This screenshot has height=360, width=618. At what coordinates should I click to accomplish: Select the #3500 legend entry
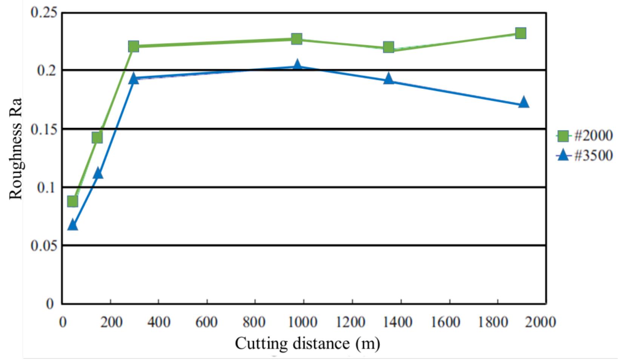tap(585, 155)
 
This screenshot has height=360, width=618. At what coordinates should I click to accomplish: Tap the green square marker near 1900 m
tap(521, 33)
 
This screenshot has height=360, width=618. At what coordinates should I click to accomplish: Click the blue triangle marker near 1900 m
tap(523, 103)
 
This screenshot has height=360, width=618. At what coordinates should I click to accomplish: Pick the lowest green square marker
tap(72, 202)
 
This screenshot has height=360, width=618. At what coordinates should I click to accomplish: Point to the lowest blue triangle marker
tap(72, 225)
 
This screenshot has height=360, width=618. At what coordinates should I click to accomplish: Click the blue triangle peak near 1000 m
tap(297, 65)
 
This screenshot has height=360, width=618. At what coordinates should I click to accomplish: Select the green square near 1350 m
tap(389, 47)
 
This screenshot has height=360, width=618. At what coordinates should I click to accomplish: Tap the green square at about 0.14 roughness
tap(97, 137)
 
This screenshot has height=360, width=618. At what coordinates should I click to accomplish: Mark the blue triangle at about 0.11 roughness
tap(98, 174)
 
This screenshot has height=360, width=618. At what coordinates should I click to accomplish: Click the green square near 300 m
tap(134, 47)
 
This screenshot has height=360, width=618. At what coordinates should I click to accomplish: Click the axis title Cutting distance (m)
tap(307, 343)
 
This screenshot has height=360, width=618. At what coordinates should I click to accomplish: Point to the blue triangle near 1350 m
tap(389, 79)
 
